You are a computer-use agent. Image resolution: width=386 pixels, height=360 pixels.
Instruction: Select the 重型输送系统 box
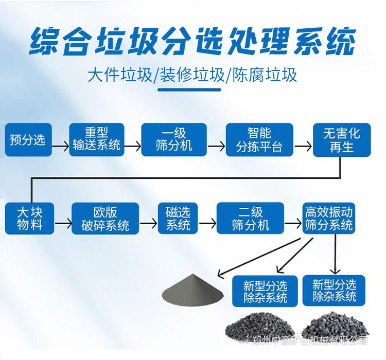pyautogui.click(x=97, y=140)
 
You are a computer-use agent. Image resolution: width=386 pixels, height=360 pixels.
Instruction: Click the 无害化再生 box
pyautogui.click(x=342, y=140)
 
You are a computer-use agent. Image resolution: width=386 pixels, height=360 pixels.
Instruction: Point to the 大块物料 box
pyautogui.click(x=29, y=219)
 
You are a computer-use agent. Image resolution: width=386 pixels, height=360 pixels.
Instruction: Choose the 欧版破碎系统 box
pyautogui.click(x=106, y=219)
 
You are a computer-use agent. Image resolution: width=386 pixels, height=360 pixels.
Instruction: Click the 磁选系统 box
pyautogui.click(x=178, y=219)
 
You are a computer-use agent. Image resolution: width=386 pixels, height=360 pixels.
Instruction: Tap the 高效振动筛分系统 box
pyautogui.click(x=329, y=219)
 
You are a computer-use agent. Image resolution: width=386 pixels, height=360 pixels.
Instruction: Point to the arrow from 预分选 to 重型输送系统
pyautogui.click(x=61, y=146)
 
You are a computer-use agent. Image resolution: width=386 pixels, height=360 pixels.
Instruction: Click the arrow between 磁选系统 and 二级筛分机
pyautogui.click(x=207, y=224)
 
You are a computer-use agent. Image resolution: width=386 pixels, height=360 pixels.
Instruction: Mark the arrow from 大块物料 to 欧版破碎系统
pyautogui.click(x=63, y=224)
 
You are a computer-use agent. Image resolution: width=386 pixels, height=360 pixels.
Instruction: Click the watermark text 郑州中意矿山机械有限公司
pyautogui.click(x=311, y=340)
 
